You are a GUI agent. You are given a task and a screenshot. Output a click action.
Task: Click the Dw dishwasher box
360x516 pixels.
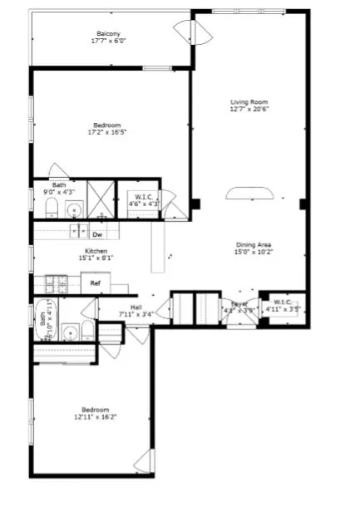coord(96,235)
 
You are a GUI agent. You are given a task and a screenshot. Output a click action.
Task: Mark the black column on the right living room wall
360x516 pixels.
coord(303,204)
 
